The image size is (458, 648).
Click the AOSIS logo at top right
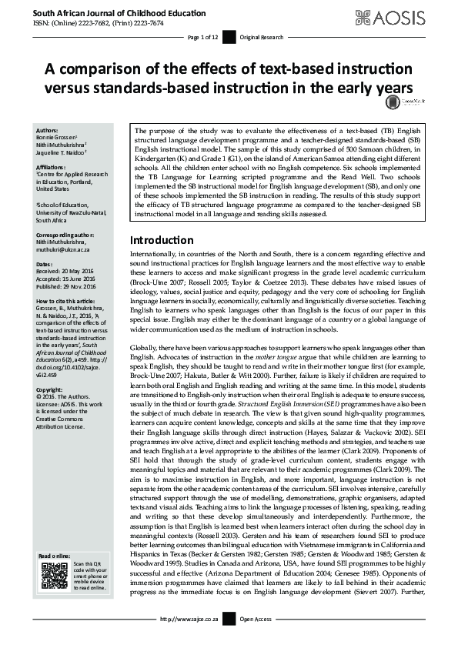coord(406,17)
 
